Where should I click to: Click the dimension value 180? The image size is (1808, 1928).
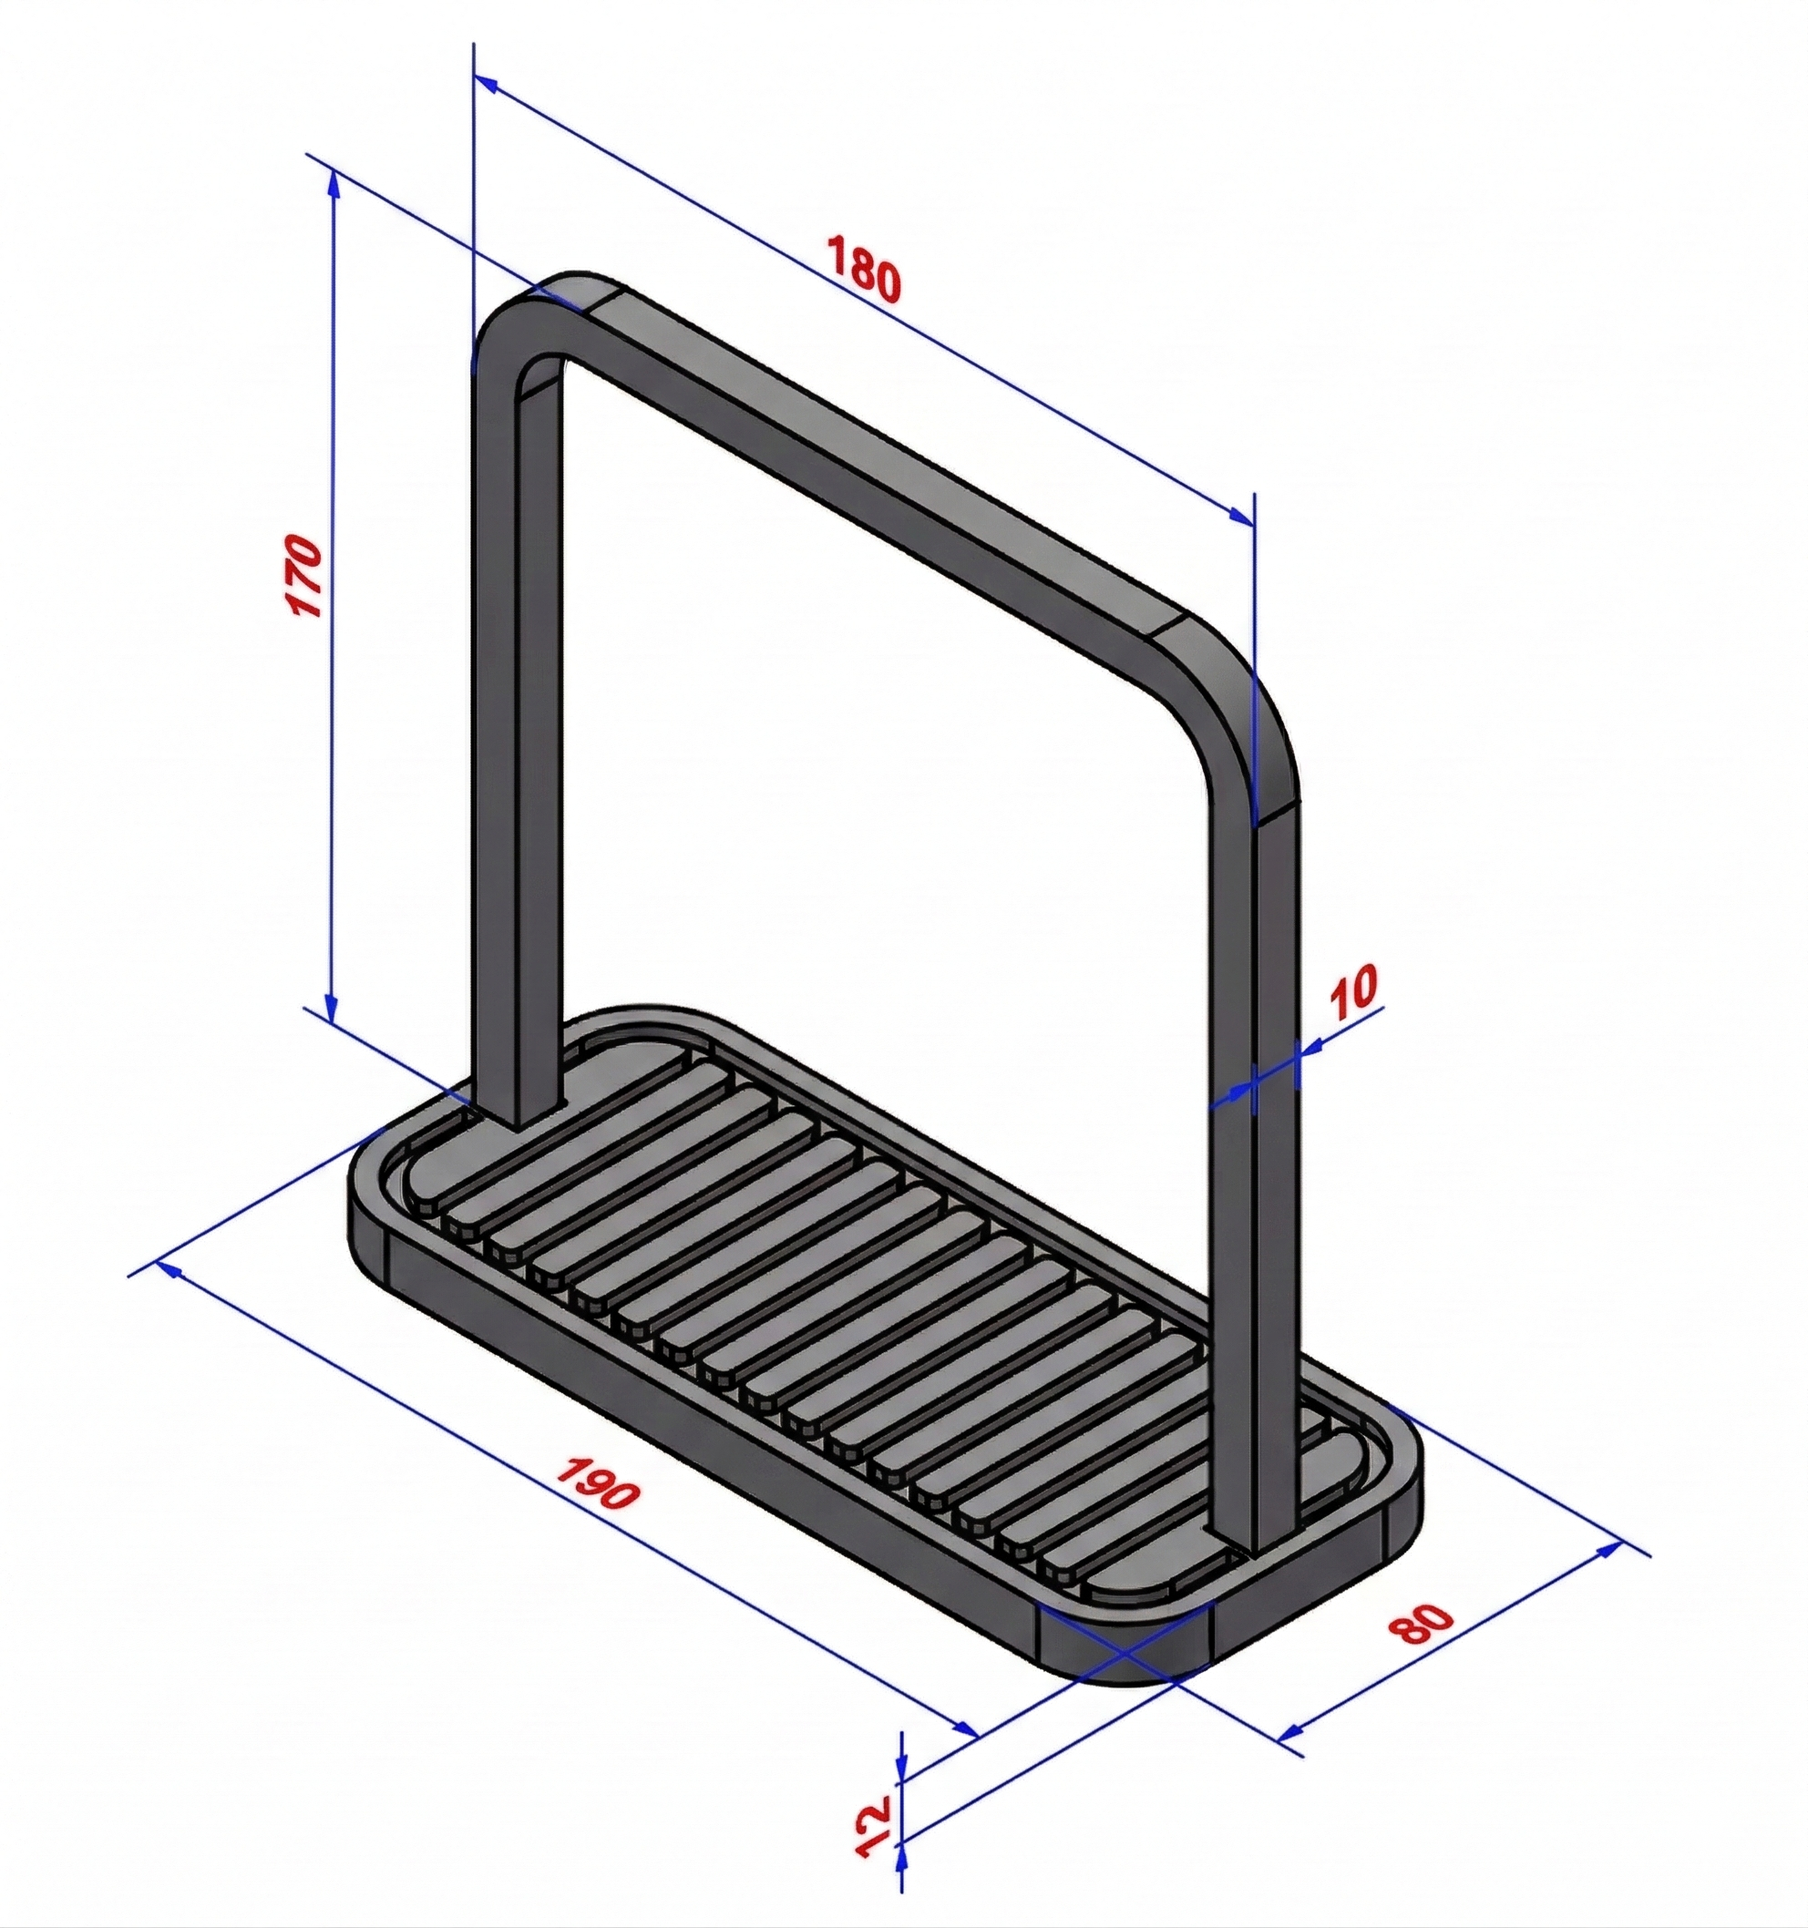(863, 266)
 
